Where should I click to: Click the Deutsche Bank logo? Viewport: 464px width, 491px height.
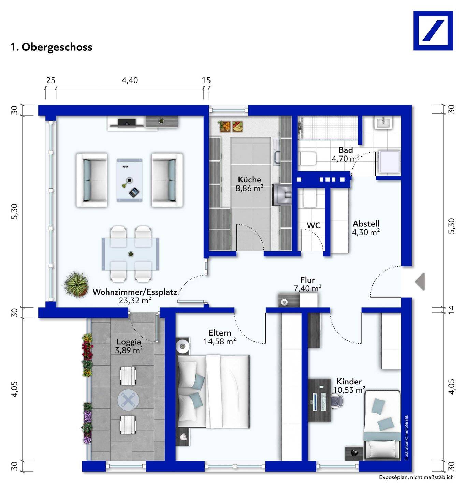point(433,31)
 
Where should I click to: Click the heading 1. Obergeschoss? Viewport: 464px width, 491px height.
point(51,47)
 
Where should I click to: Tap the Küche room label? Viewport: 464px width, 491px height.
point(249,179)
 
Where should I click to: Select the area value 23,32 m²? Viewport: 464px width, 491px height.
point(135,301)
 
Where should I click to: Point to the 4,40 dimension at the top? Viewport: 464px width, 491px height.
point(130,80)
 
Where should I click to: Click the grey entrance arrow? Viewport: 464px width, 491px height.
point(420,282)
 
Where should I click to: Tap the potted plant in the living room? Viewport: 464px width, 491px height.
point(76,285)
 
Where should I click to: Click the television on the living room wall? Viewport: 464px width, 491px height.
point(127,123)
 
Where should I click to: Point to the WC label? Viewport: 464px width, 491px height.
point(314,225)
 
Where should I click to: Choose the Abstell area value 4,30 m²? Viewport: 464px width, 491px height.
point(366,233)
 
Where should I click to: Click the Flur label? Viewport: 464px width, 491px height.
point(307,280)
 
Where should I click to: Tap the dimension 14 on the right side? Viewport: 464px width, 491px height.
point(452,310)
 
